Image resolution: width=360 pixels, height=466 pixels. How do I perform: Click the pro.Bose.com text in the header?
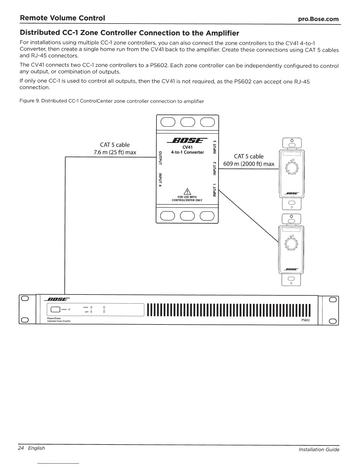[x=318, y=19]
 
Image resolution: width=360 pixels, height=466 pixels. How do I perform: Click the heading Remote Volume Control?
[x=62, y=18]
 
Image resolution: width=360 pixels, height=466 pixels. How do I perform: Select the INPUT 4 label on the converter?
[x=160, y=180]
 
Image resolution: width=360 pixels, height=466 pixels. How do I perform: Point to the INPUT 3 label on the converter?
[x=215, y=147]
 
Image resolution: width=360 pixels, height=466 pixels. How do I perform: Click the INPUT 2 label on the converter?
[x=215, y=168]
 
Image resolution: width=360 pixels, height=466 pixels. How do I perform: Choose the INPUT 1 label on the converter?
[x=215, y=190]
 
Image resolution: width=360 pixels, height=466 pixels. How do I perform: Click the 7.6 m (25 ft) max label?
[x=114, y=152]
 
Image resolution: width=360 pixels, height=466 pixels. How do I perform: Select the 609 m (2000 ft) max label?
[x=249, y=164]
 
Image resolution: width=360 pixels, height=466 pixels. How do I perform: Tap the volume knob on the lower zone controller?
[x=291, y=244]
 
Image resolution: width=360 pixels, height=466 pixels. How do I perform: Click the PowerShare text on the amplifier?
[x=54, y=318]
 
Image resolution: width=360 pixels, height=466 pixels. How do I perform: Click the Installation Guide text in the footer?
[x=319, y=450]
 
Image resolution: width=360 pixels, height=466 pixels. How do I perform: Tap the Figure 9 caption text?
[x=111, y=101]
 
